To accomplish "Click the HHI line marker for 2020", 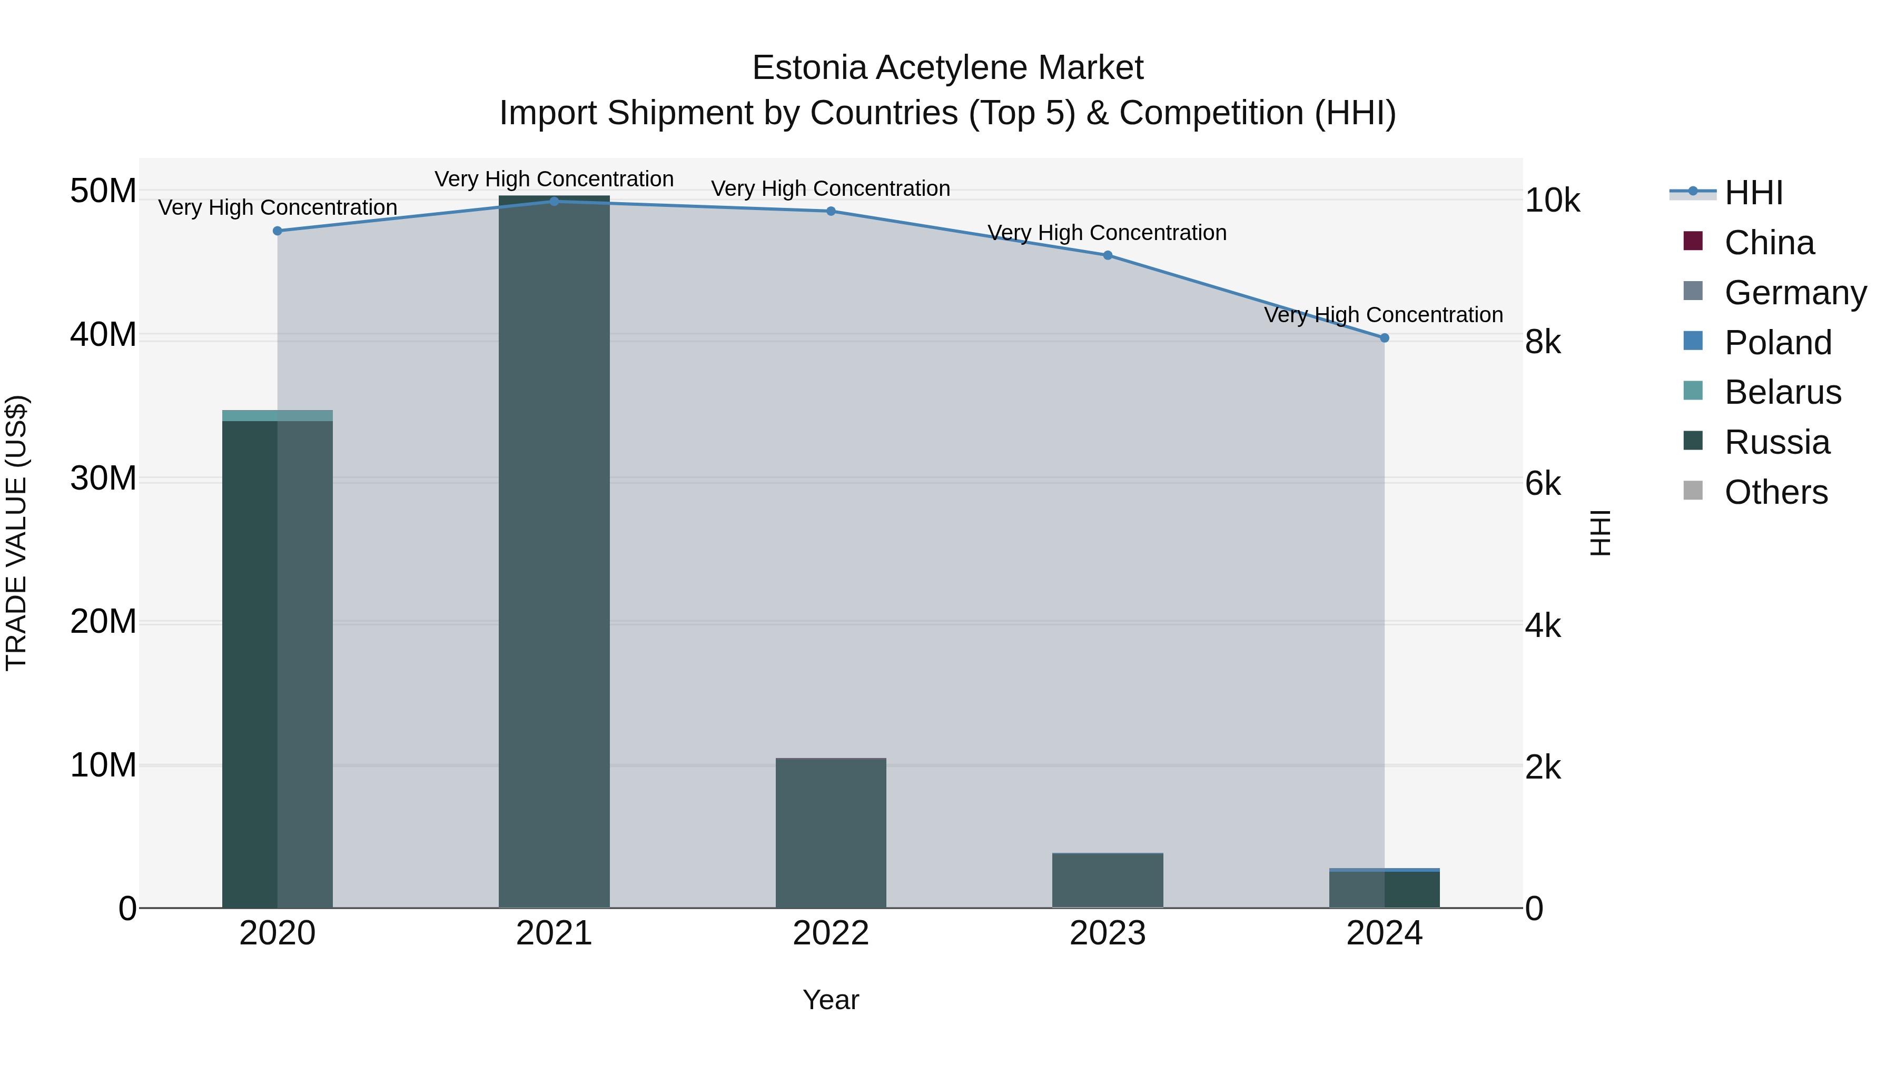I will (278, 231).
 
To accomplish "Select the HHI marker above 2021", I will (554, 202).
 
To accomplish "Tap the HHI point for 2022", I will (831, 211).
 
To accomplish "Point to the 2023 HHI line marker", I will (1108, 255).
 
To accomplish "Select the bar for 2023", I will (1108, 881).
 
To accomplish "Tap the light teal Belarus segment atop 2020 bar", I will (278, 416).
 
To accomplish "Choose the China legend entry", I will (1769, 243).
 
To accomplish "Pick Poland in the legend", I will (1777, 343).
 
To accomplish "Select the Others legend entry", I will (1775, 492).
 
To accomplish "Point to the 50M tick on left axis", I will (103, 191).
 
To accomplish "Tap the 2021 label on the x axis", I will (554, 933).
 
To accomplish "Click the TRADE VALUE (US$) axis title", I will (16, 533).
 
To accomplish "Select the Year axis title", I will (831, 1000).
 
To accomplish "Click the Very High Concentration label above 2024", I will (1384, 315).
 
